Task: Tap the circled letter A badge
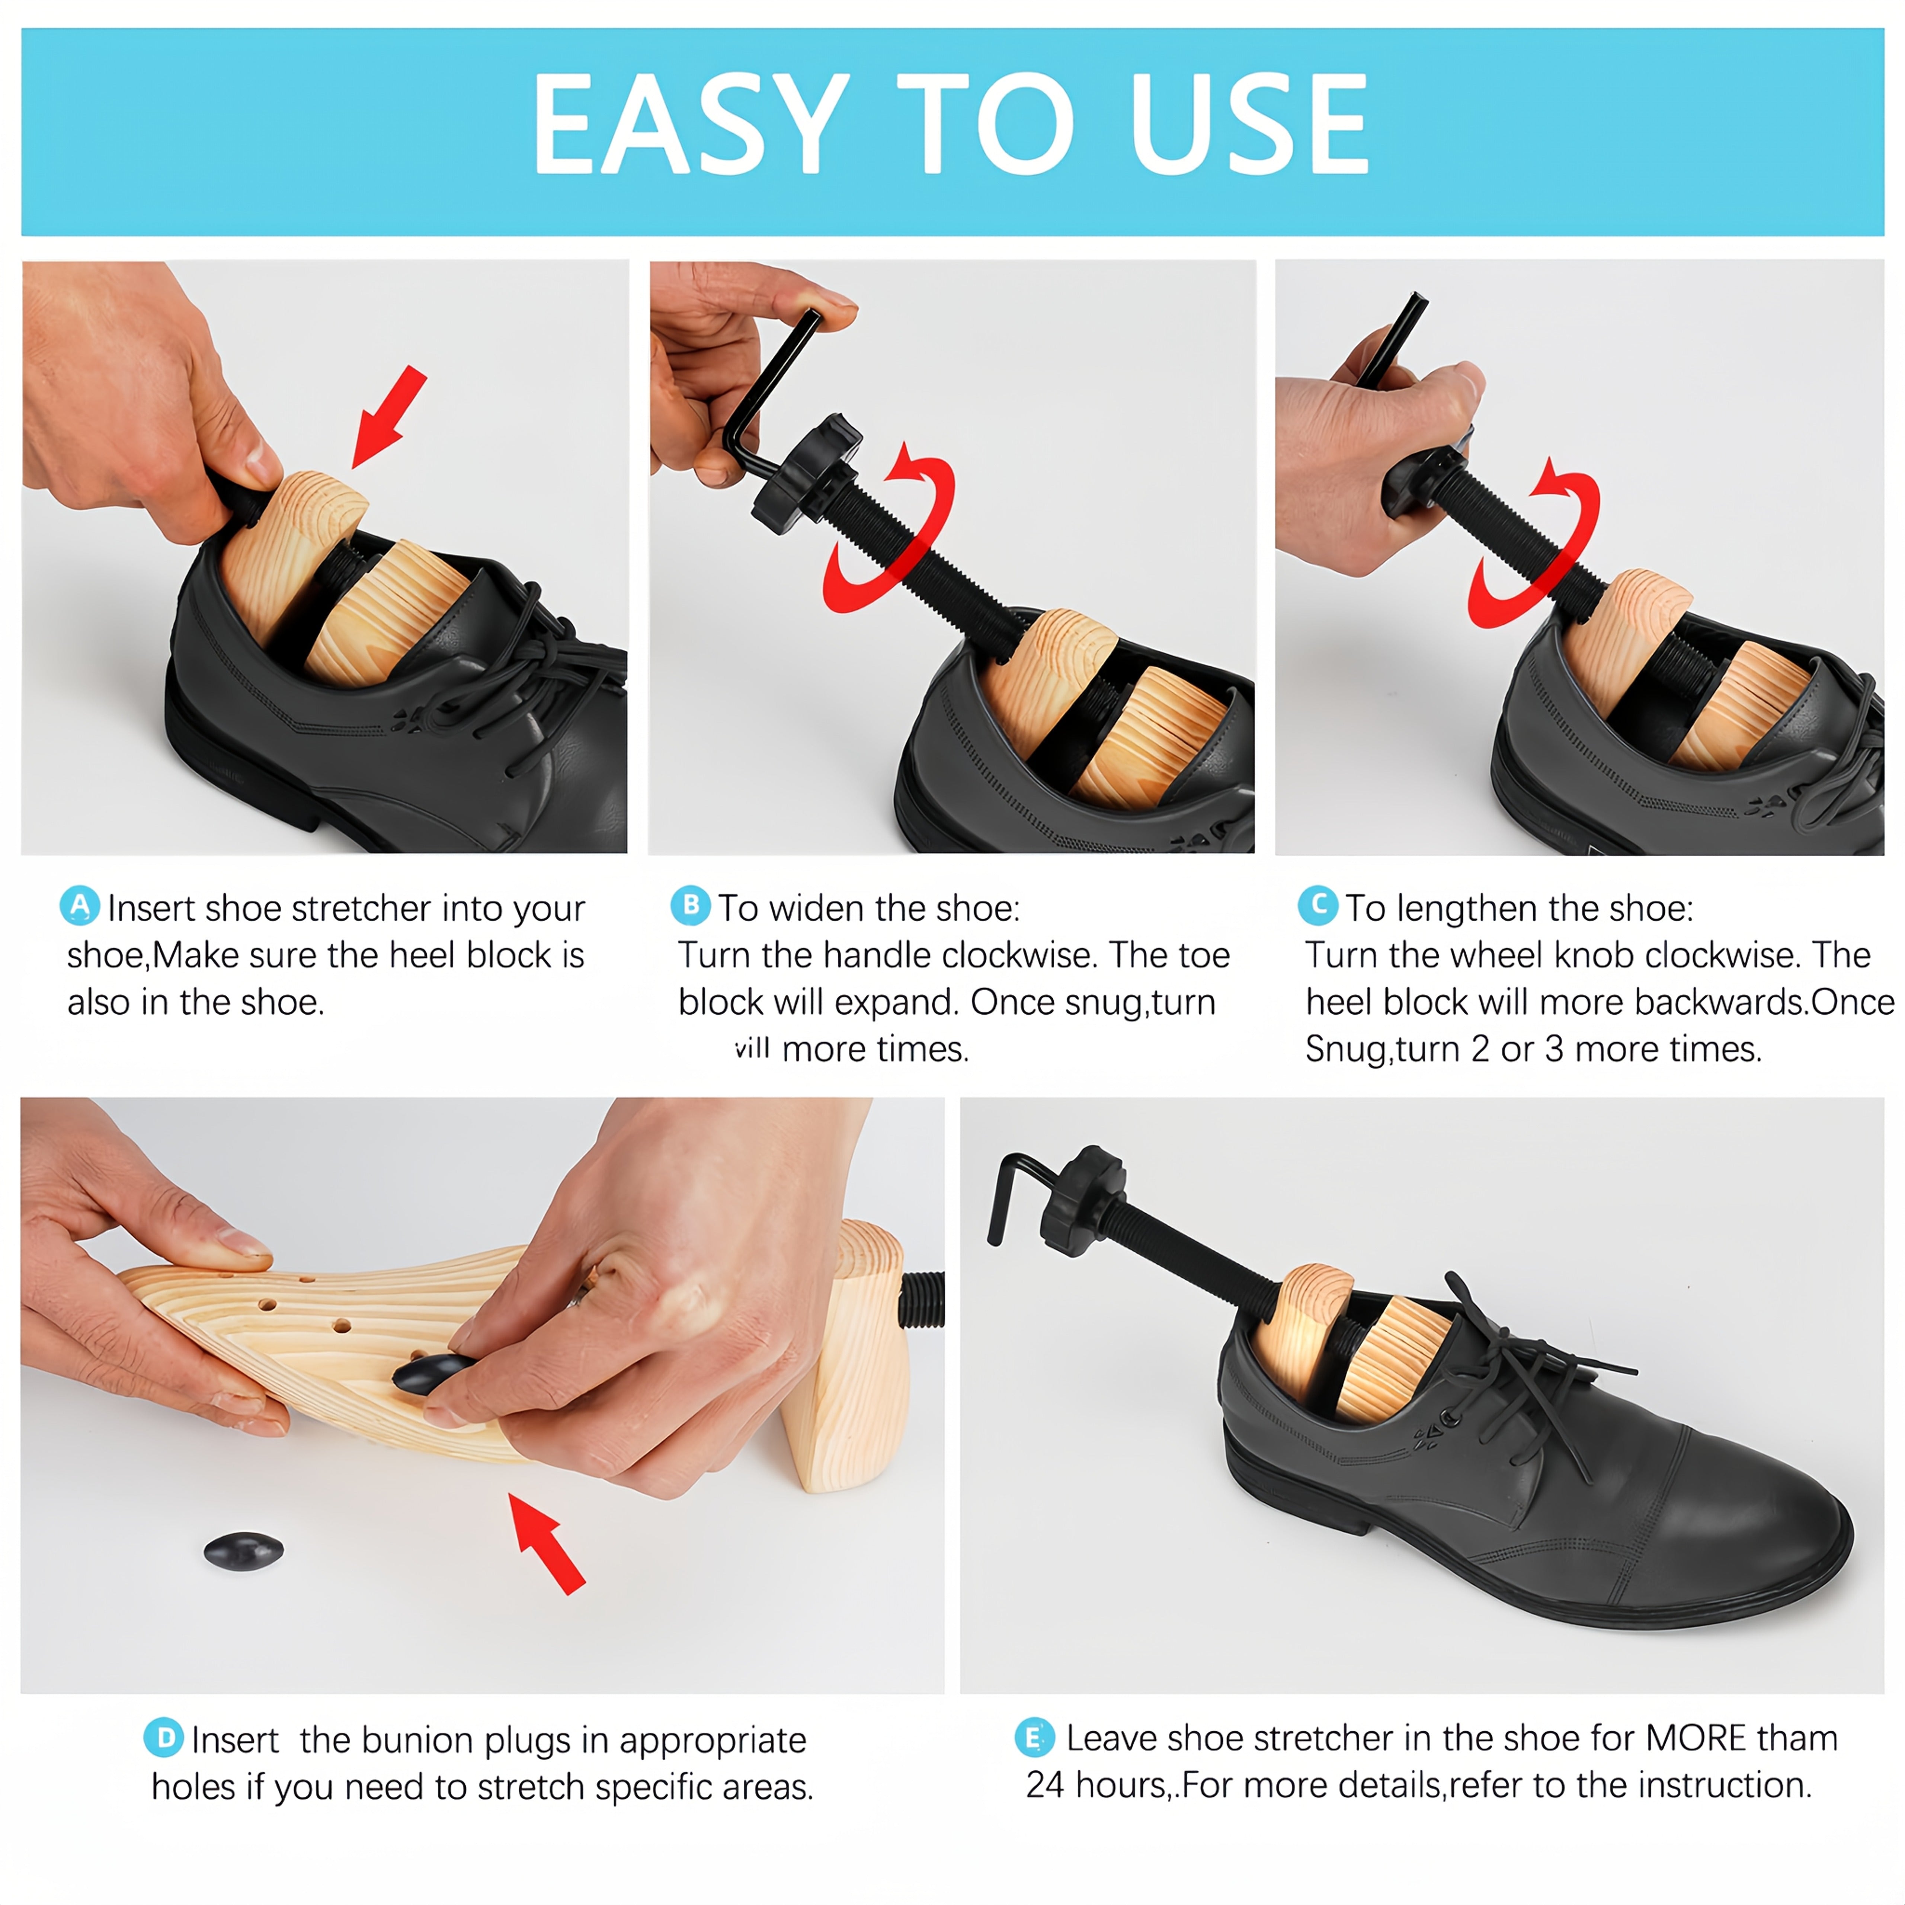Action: click(80, 905)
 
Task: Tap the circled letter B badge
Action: click(690, 905)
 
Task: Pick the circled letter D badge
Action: click(164, 1737)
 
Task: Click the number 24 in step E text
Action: click(1044, 1785)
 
